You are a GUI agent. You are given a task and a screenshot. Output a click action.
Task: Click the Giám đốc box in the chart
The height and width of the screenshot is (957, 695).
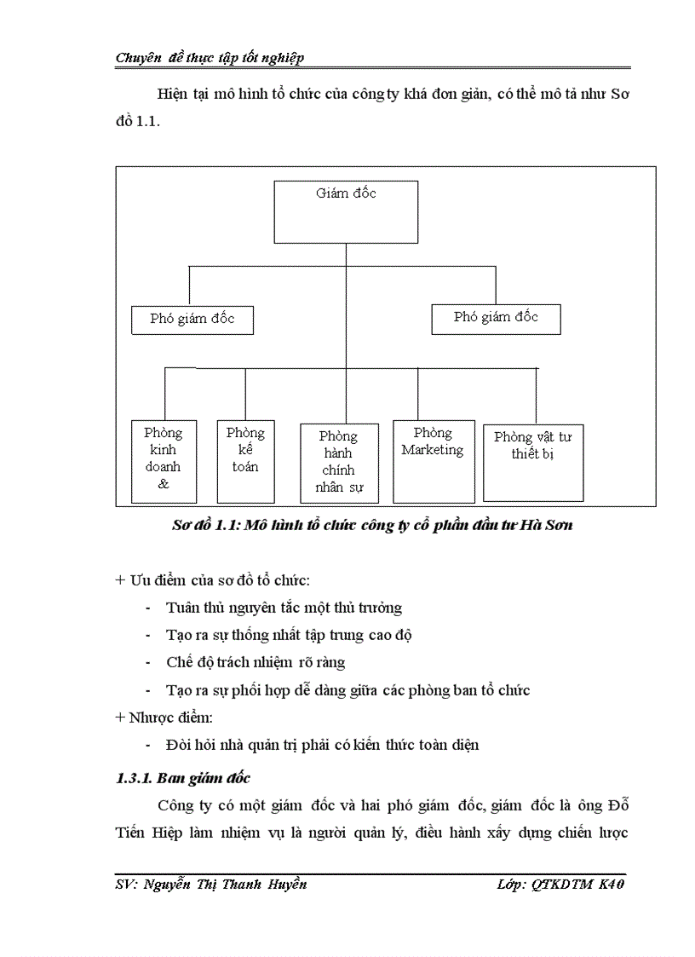tap(346, 211)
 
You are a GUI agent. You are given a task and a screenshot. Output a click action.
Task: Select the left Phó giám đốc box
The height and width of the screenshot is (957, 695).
tap(192, 320)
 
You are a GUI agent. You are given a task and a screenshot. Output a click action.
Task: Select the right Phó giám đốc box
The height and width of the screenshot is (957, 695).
tap(496, 317)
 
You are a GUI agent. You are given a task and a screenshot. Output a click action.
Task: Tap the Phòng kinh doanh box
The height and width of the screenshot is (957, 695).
tap(164, 460)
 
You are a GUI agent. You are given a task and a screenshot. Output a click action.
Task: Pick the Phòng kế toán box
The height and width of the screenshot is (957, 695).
tap(245, 460)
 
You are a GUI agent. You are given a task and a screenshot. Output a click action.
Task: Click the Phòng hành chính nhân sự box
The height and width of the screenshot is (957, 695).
tap(339, 461)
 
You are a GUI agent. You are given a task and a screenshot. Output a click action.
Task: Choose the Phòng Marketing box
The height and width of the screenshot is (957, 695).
tap(434, 460)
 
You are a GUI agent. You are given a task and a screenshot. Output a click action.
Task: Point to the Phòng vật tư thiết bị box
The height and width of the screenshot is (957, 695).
tap(533, 462)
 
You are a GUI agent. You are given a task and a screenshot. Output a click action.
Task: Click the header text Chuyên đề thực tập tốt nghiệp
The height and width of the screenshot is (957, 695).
tap(210, 58)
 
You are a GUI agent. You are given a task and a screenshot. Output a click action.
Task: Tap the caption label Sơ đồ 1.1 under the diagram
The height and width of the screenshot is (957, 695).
tap(204, 525)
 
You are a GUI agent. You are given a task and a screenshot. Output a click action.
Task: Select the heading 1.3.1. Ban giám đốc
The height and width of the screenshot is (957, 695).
tap(182, 778)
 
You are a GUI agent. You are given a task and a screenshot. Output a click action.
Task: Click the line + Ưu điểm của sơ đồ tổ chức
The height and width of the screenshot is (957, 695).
tap(212, 580)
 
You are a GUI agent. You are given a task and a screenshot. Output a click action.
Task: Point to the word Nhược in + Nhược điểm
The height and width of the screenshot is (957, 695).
tap(149, 717)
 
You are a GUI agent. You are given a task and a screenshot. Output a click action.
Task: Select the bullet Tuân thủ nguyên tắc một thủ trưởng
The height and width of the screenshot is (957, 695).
tap(284, 608)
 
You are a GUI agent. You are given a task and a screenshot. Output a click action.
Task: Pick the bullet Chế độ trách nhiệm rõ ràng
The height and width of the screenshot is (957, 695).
tap(256, 662)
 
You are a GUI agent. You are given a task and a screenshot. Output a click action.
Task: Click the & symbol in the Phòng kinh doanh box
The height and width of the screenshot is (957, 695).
tap(164, 484)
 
